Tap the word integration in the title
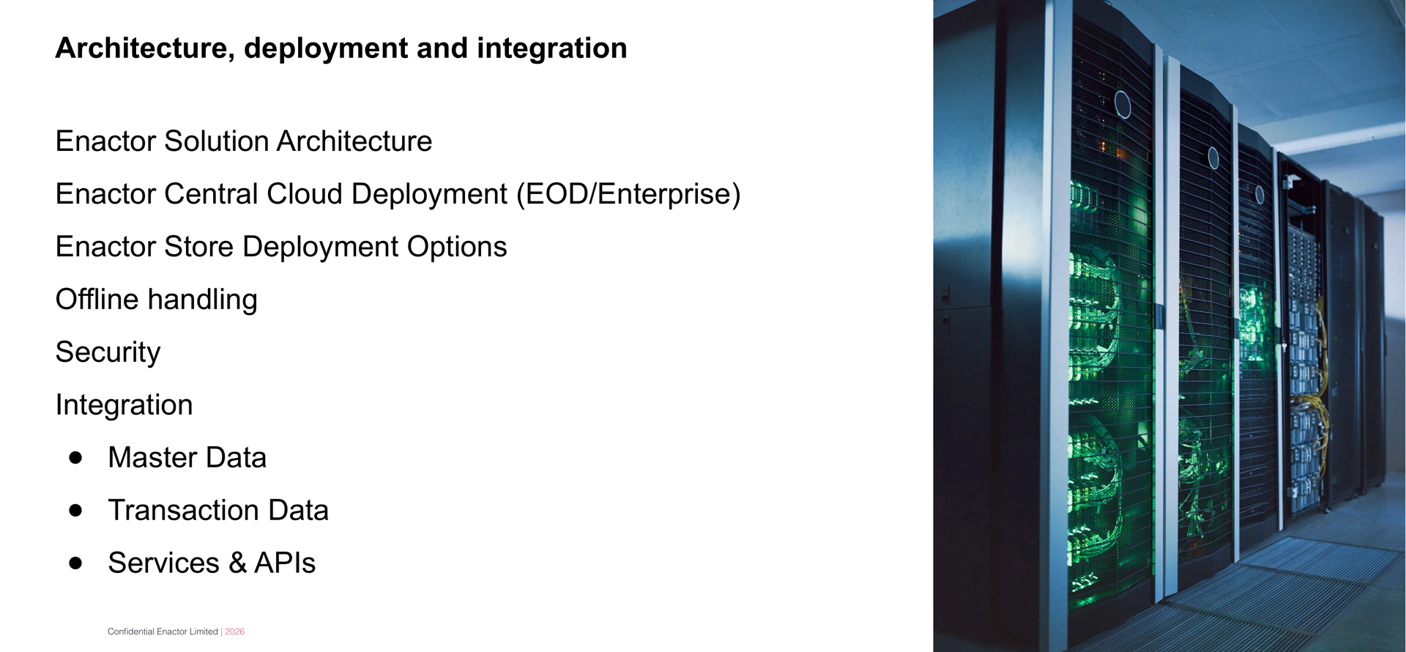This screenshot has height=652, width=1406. [551, 48]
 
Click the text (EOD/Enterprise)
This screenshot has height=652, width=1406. [628, 194]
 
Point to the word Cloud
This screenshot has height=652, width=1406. [304, 194]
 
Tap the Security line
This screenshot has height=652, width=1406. [108, 352]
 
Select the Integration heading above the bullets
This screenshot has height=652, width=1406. [124, 405]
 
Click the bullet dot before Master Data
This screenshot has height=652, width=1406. [75, 458]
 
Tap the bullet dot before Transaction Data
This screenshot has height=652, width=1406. [75, 511]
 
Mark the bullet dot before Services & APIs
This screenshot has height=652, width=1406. [75, 563]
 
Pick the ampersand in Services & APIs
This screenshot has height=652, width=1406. [237, 563]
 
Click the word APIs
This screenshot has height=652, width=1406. [285, 563]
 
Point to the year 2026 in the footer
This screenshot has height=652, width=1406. [234, 631]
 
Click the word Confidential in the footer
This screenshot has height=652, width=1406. [131, 631]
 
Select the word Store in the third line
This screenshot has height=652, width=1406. [198, 247]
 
